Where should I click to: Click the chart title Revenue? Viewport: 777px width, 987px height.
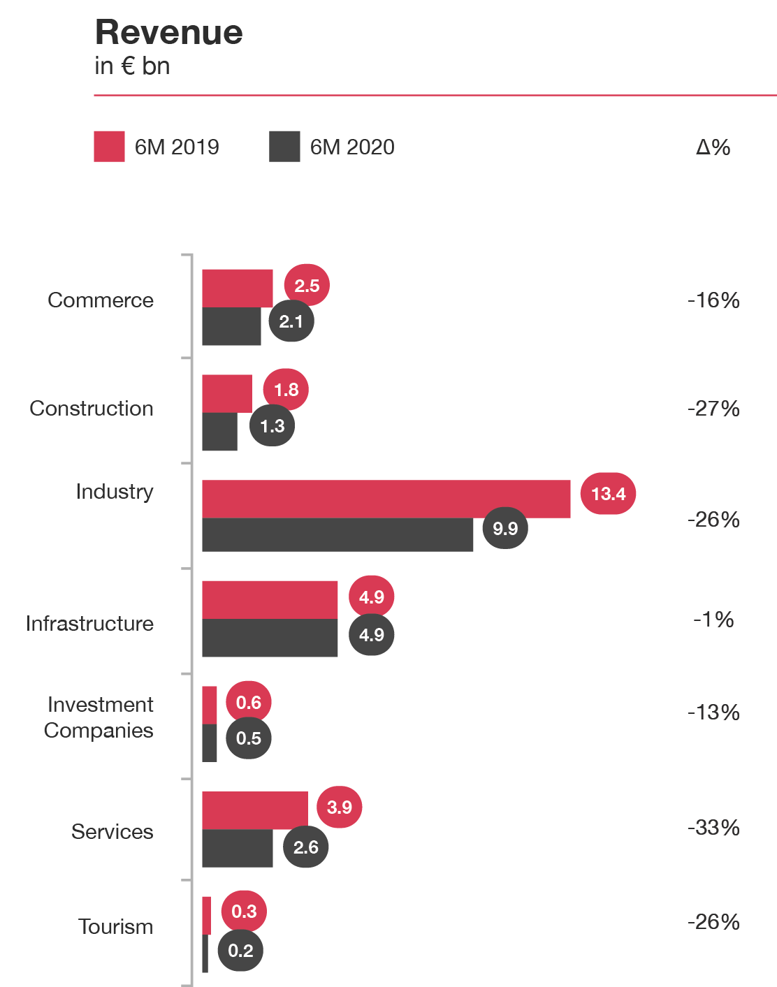click(168, 33)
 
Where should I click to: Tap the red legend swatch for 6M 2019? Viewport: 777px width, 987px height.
click(110, 147)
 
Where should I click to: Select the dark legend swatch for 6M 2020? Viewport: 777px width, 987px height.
click(284, 147)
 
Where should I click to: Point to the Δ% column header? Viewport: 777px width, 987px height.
click(713, 147)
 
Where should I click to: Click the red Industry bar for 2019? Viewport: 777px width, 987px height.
click(386, 499)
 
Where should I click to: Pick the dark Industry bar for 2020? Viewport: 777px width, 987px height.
click(337, 535)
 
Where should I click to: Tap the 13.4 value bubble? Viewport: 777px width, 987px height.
click(608, 494)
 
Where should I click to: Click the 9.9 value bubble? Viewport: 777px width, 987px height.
click(505, 528)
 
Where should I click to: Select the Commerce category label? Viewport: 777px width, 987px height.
click(101, 300)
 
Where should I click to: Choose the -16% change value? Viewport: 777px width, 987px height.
click(713, 300)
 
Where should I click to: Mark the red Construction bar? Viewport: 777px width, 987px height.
click(227, 393)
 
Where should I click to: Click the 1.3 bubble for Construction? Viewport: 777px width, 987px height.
click(272, 426)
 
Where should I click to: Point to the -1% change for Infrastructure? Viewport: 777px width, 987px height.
click(713, 620)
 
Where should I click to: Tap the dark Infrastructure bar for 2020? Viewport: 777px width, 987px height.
click(270, 638)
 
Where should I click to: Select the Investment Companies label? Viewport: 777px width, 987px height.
click(99, 717)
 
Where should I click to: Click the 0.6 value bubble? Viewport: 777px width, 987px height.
click(249, 703)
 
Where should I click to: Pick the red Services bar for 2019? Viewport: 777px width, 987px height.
click(255, 810)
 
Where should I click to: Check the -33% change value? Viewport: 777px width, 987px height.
click(713, 828)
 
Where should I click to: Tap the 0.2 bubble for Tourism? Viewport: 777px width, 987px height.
click(240, 951)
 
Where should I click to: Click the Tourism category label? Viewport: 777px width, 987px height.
click(116, 927)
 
